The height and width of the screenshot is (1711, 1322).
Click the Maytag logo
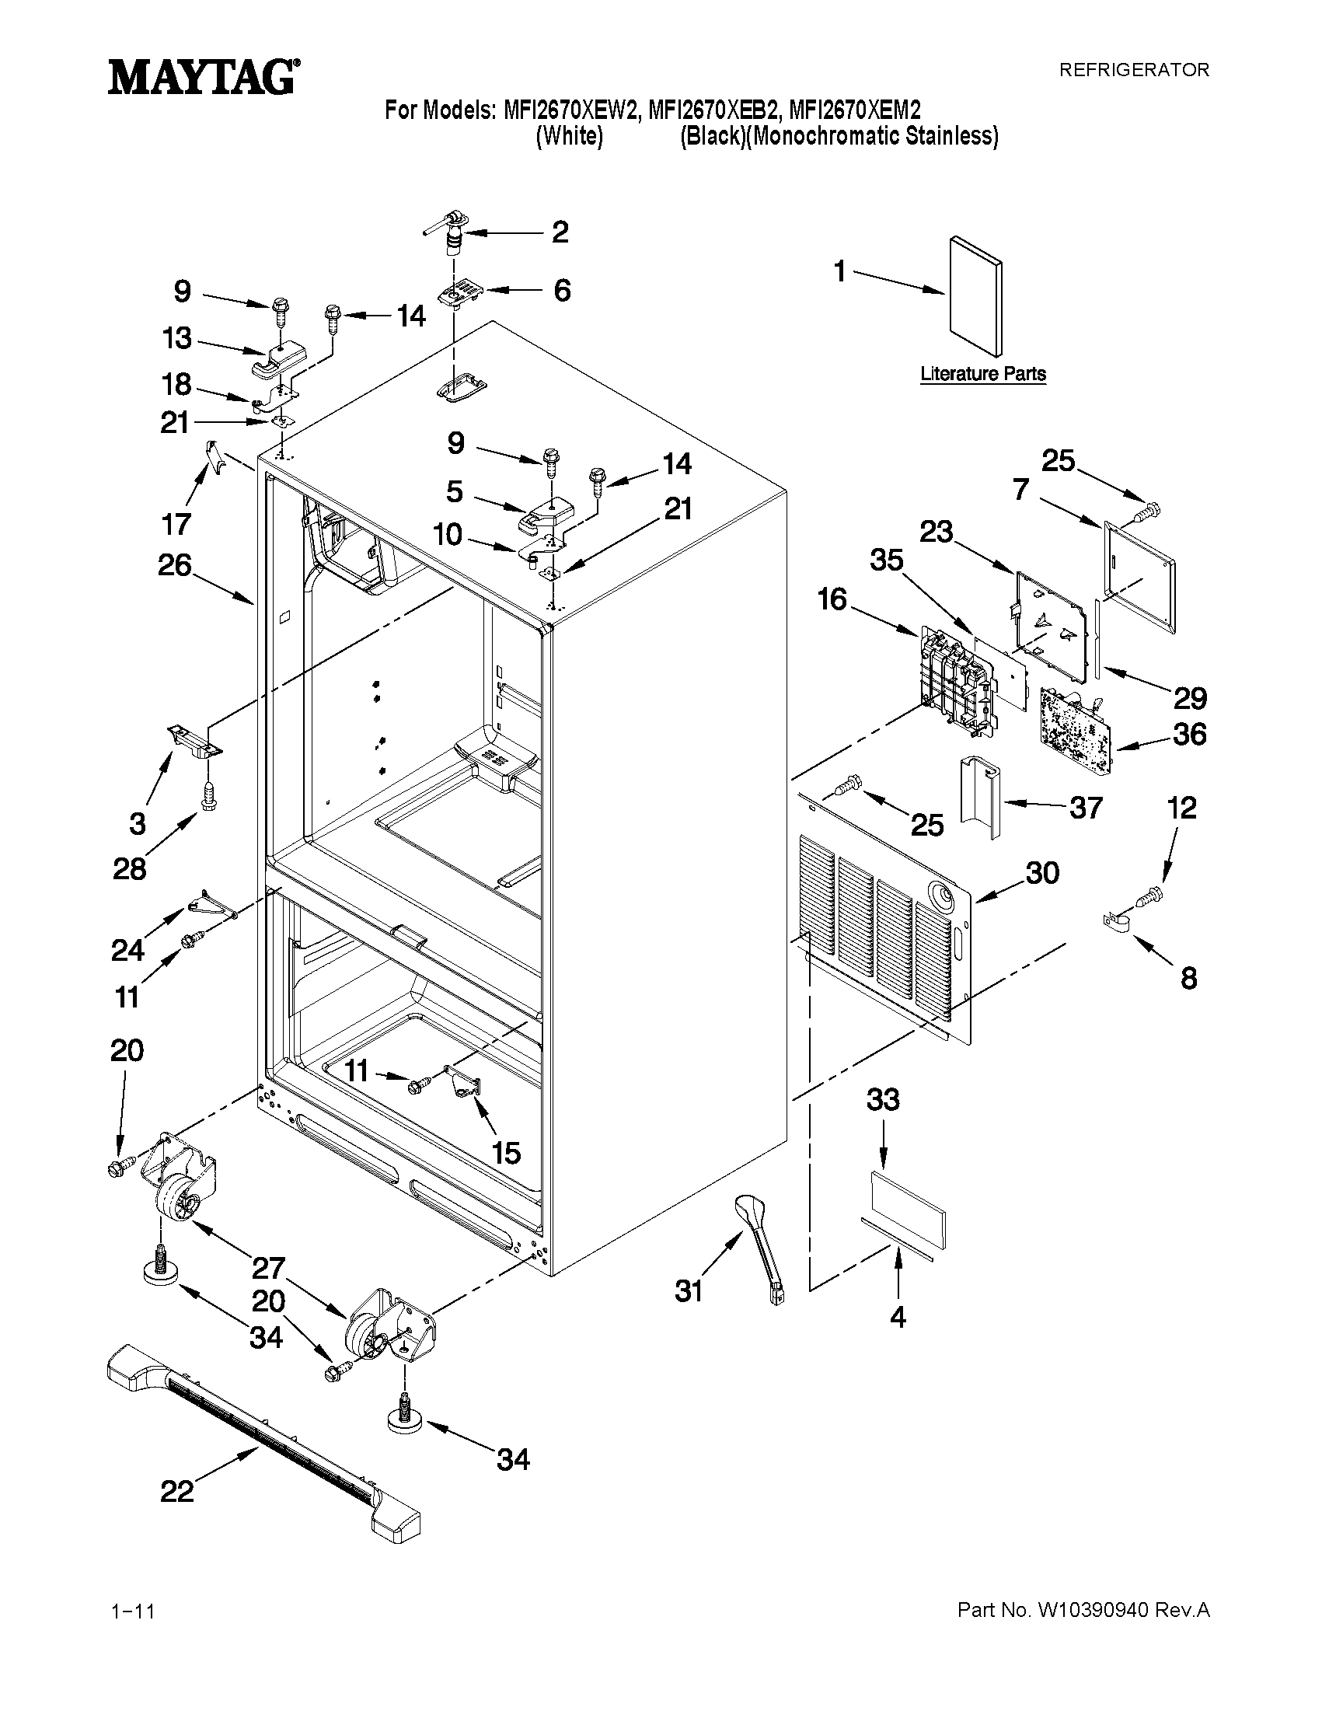203,78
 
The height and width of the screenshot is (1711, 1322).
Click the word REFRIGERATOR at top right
1133,70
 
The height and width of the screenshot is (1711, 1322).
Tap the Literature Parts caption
983,374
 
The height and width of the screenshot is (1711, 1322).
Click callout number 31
689,1290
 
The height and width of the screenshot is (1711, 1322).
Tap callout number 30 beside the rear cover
1042,873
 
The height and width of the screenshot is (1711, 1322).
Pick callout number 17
176,523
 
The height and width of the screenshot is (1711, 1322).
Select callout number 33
883,1101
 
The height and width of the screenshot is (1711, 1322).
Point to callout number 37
1086,807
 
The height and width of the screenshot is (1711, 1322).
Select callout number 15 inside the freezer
507,1152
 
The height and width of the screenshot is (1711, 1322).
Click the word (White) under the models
569,136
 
